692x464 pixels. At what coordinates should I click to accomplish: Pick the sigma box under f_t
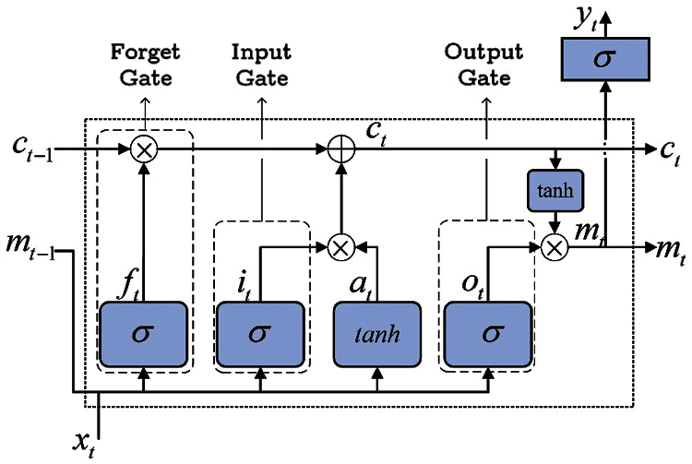coord(143,333)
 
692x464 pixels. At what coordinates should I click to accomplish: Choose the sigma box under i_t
coord(261,333)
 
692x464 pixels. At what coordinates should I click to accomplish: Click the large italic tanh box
coord(377,333)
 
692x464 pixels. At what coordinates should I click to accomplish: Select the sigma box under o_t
coord(488,333)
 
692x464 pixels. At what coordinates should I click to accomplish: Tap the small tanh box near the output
coord(551,190)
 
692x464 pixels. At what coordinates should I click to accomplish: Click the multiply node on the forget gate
coord(143,149)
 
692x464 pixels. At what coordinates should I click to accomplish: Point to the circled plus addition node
coord(342,149)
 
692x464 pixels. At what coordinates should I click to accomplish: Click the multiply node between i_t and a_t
coord(342,246)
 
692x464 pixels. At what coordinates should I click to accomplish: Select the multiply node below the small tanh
coord(554,246)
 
